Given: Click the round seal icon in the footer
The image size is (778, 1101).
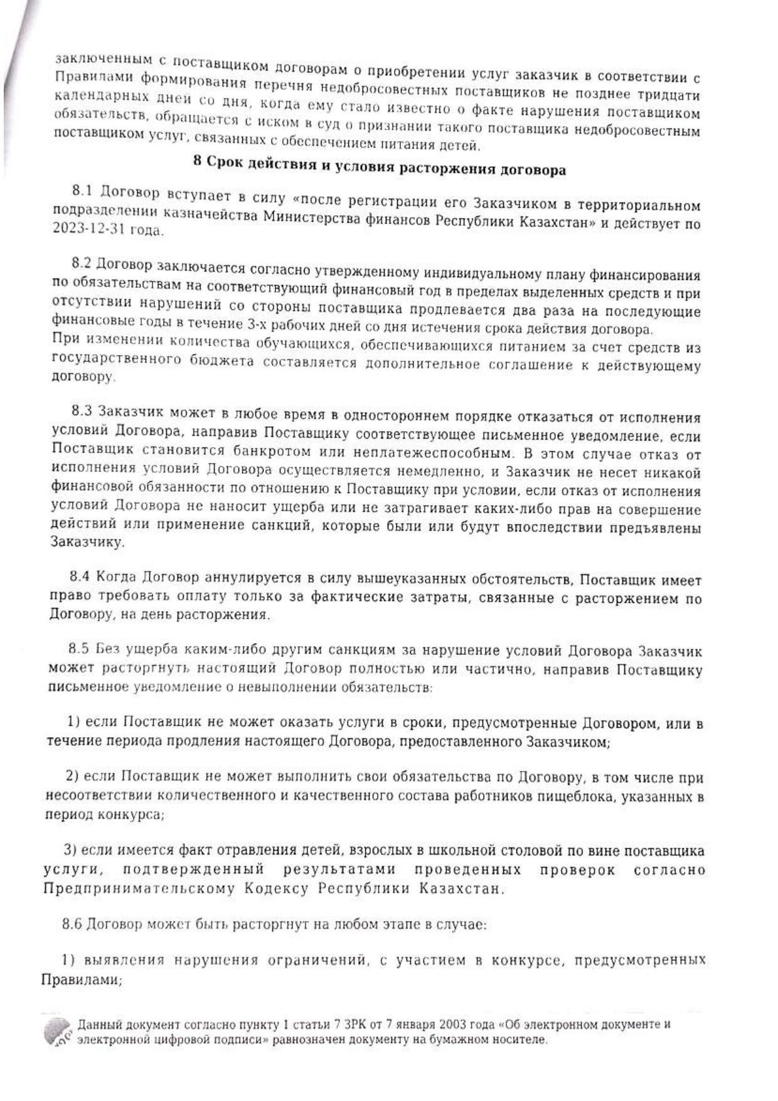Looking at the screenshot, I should pyautogui.click(x=58, y=1031).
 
